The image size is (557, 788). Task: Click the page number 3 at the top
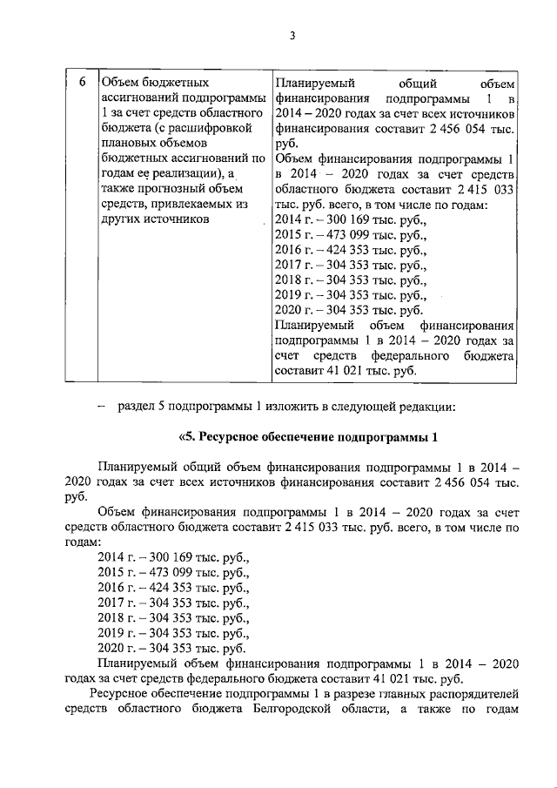click(292, 35)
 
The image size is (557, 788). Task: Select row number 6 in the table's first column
click(81, 84)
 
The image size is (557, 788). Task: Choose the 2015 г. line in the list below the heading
click(174, 572)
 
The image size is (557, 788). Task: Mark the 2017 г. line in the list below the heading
click(174, 603)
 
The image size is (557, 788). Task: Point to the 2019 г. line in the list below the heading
click(174, 633)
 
